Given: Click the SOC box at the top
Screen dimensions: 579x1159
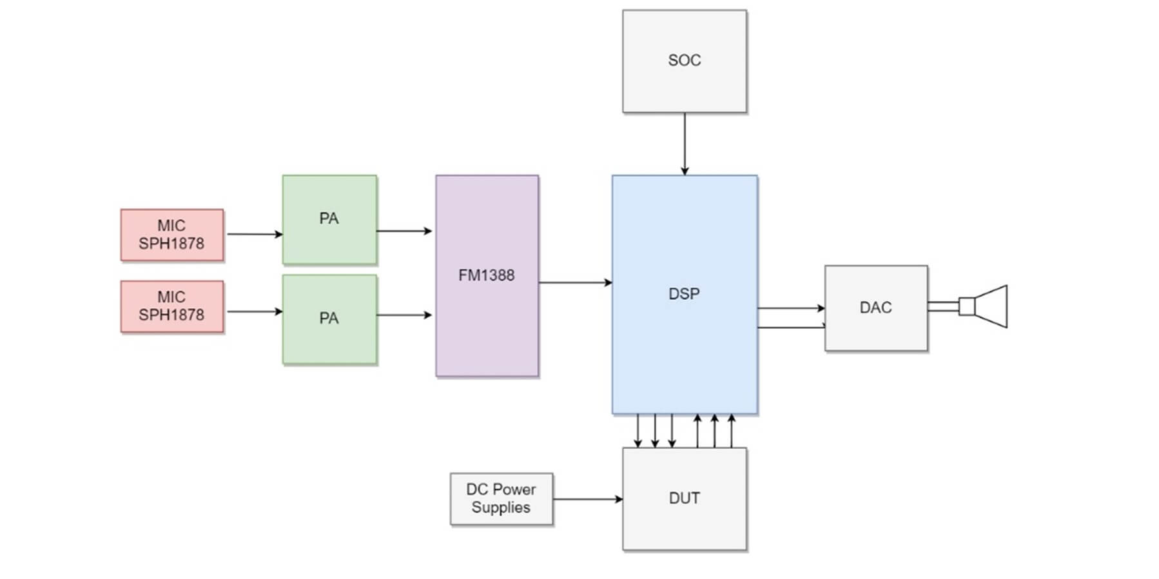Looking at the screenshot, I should point(684,61).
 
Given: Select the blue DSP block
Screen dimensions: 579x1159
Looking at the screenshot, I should point(684,294).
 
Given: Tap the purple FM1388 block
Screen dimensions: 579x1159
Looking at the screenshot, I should point(487,275).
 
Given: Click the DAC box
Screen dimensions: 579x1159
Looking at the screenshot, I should point(875,308).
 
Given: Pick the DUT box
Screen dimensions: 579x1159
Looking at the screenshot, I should point(684,498).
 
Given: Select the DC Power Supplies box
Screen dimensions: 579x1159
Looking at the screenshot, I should point(501,498).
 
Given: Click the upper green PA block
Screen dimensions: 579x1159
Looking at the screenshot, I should point(329,219).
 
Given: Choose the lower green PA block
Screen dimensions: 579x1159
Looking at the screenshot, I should point(329,319).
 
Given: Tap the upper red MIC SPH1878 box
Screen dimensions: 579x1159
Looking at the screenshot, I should point(171,235).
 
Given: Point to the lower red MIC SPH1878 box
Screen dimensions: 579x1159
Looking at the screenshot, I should point(171,306).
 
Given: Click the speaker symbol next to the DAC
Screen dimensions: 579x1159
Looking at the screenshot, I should point(986,306).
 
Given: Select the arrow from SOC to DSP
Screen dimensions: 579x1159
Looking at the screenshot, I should point(684,144).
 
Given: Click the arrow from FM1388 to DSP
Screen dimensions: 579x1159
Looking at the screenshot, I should point(575,282).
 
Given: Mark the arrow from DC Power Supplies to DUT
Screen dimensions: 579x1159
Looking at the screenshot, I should point(587,499).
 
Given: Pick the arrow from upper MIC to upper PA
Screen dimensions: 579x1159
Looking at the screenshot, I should point(254,234).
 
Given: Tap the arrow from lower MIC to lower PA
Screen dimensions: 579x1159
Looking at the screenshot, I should point(254,312).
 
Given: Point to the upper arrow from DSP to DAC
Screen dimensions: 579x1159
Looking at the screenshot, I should point(791,308).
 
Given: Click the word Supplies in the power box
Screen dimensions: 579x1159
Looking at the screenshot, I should point(501,507).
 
